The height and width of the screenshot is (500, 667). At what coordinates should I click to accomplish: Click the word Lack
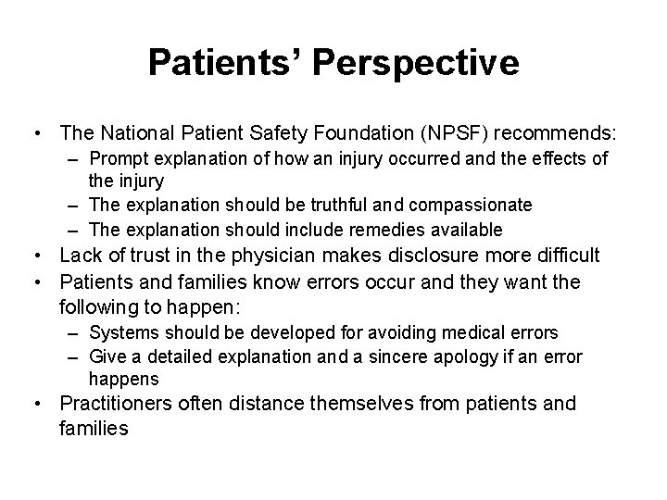click(x=78, y=256)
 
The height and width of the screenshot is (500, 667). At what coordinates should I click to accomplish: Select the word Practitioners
click(x=113, y=404)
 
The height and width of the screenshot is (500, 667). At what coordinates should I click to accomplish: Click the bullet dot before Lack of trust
click(x=41, y=256)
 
